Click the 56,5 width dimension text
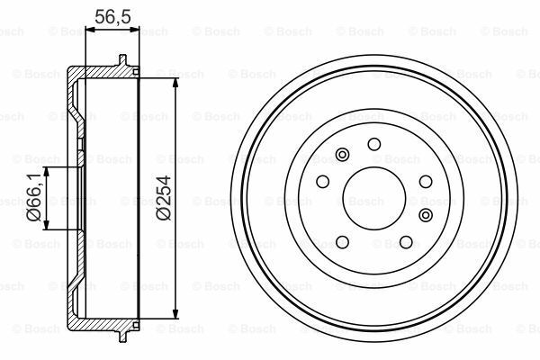pyautogui.click(x=112, y=14)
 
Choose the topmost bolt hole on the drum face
pyautogui.click(x=374, y=144)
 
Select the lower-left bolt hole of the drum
pyautogui.click(x=342, y=241)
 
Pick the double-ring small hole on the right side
pyautogui.click(x=425, y=215)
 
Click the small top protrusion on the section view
pyautogui.click(x=122, y=61)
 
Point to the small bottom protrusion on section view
pyautogui.click(x=122, y=339)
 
